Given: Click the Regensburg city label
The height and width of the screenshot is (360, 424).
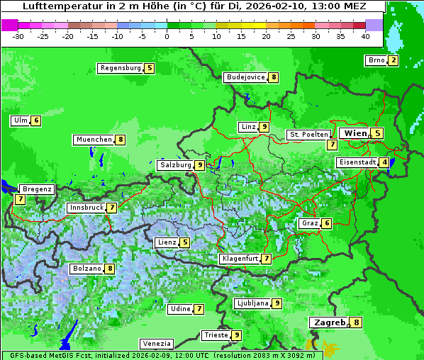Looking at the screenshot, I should pyautogui.click(x=121, y=68).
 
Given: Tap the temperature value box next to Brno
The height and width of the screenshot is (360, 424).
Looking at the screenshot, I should pyautogui.click(x=393, y=60).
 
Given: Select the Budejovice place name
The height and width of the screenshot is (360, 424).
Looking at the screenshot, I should pyautogui.click(x=245, y=77).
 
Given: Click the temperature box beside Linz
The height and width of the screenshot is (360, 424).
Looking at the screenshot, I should pyautogui.click(x=264, y=127).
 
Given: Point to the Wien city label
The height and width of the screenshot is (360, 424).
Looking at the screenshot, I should pyautogui.click(x=355, y=133).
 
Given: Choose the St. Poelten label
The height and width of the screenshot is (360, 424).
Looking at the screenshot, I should pyautogui.click(x=308, y=134).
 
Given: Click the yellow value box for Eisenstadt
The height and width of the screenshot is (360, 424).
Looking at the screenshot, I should pyautogui.click(x=384, y=162).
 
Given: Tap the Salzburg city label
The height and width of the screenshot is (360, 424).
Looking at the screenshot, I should pyautogui.click(x=175, y=165).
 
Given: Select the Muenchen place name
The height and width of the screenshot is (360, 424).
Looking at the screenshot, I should pyautogui.click(x=94, y=140).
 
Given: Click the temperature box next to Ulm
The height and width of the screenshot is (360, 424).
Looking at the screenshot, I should pyautogui.click(x=36, y=120).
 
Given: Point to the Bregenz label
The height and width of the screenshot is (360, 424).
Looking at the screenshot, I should pyautogui.click(x=37, y=189).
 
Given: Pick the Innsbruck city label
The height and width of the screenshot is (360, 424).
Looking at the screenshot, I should pyautogui.click(x=85, y=208).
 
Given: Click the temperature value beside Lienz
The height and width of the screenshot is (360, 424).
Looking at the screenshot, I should pyautogui.click(x=185, y=242).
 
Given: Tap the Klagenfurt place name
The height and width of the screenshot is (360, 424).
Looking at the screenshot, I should pyautogui.click(x=240, y=259).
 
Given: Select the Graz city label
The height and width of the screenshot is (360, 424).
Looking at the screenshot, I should pyautogui.click(x=310, y=223).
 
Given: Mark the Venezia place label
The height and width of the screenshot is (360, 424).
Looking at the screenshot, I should pyautogui.click(x=156, y=343).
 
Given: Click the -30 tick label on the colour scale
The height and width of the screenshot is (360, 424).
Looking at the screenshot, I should pyautogui.click(x=18, y=36).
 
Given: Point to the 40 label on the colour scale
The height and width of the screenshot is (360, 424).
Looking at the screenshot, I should pyautogui.click(x=365, y=36).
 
